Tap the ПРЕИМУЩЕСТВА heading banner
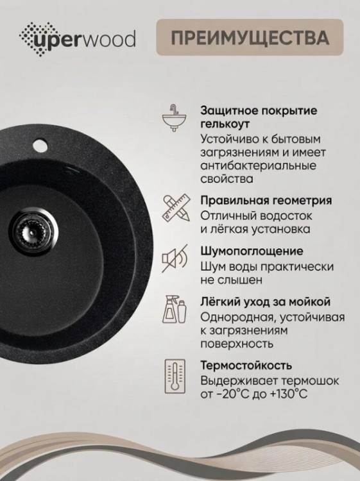250,37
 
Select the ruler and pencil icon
176,208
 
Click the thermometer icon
175,376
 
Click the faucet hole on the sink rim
40,145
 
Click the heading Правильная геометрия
266,201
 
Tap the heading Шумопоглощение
252,251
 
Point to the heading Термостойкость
246,366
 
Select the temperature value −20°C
229,394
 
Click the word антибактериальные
258,165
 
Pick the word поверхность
237,344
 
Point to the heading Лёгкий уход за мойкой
266,302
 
